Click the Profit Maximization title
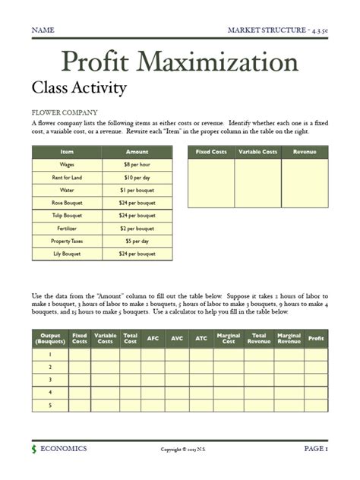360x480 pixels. click(x=179, y=62)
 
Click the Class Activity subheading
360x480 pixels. click(x=78, y=88)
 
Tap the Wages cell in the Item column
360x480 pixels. click(x=67, y=164)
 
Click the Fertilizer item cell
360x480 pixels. click(x=67, y=228)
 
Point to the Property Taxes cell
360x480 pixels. click(x=67, y=241)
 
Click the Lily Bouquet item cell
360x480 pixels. click(x=67, y=254)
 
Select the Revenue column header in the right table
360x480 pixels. click(x=305, y=152)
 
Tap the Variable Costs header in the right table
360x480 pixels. click(x=258, y=152)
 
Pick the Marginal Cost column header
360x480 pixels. click(x=229, y=338)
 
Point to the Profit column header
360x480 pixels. click(x=314, y=338)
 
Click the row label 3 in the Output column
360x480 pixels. click(x=50, y=379)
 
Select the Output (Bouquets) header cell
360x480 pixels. click(x=50, y=338)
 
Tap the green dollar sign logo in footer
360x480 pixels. click(x=34, y=450)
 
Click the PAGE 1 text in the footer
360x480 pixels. click(x=315, y=449)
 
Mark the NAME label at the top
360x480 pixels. click(x=43, y=30)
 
